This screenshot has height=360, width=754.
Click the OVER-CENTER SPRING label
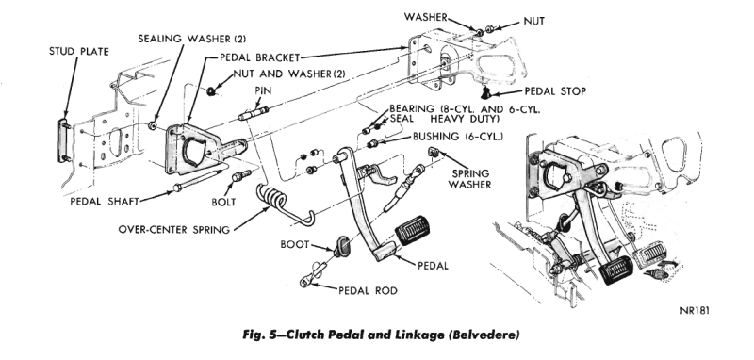174,229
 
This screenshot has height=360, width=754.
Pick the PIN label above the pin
263,90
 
